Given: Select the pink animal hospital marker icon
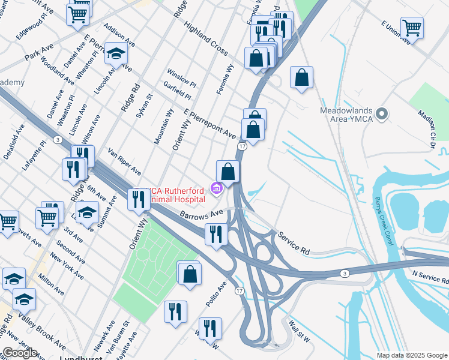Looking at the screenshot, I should (217, 189).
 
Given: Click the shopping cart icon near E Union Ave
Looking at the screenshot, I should (412, 28).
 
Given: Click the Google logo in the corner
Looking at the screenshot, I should (19, 353).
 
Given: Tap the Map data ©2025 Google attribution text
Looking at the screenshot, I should (411, 355).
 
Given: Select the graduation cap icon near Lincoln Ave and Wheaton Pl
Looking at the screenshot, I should (115, 54).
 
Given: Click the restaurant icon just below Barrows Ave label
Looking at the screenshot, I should (215, 234).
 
